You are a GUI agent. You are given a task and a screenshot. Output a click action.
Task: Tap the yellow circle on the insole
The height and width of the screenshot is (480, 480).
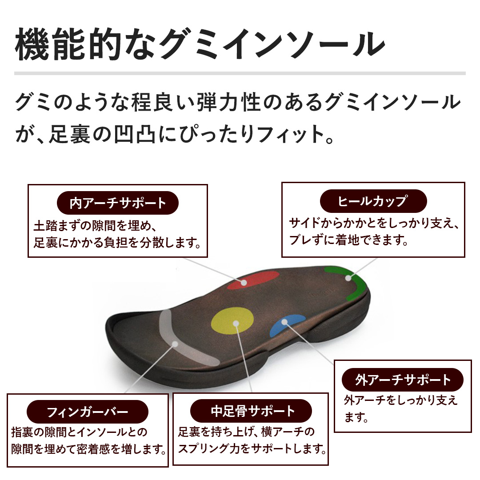[x=232, y=322]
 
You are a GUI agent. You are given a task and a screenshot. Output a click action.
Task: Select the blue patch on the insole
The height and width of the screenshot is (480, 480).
[x=287, y=324]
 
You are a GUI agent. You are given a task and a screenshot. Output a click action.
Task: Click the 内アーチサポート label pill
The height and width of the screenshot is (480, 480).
[x=118, y=204]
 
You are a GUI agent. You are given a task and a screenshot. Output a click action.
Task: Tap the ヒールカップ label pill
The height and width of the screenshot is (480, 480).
[x=372, y=201]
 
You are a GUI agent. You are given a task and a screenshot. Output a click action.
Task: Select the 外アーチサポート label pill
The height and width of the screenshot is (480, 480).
[x=403, y=380]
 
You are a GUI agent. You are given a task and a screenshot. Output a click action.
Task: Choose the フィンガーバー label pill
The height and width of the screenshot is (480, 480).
[x=88, y=411]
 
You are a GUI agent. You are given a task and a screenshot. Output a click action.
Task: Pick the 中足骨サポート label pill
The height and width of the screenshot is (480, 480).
[x=251, y=411]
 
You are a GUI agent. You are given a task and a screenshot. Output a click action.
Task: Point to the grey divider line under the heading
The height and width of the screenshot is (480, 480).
[x=240, y=73]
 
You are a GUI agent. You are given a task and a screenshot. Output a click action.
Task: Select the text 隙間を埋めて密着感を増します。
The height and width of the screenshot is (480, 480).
[x=89, y=449]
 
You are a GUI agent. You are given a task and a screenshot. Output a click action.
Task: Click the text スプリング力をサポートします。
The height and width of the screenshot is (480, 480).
[x=251, y=448]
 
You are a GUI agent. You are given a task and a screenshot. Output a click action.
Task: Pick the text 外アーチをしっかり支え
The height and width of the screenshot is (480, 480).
[x=400, y=401]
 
